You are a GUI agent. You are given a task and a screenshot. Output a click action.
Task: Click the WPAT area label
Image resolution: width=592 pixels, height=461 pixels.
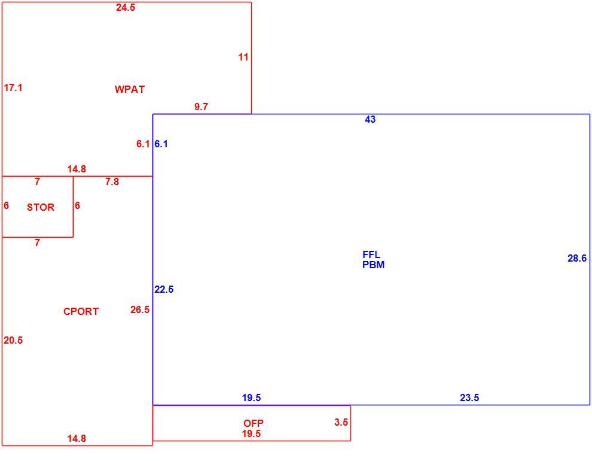point(130,89)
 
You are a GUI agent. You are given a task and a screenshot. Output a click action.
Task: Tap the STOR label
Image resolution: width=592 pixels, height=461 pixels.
point(41,207)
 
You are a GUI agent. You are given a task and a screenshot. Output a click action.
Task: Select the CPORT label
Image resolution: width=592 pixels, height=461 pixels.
point(81,311)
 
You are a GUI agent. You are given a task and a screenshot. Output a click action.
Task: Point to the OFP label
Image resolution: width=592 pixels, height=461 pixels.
point(254,423)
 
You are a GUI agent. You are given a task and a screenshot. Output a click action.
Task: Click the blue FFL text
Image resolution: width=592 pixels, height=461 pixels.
point(371,254)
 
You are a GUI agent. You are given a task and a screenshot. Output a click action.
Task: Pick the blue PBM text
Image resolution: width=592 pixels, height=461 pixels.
point(373,265)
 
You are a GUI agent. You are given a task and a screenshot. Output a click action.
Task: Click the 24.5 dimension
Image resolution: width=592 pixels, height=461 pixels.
point(126,8)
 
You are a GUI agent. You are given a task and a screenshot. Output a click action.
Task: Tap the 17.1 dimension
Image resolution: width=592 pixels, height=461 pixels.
point(13,87)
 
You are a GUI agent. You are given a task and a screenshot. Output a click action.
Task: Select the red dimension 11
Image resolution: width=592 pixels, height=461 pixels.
point(243,57)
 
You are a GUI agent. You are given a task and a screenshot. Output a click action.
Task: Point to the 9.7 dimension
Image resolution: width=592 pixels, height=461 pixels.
point(201,107)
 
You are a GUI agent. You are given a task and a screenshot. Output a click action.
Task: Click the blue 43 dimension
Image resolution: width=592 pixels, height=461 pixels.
point(370,119)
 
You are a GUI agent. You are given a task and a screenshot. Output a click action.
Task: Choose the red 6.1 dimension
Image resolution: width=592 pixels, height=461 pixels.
point(143,144)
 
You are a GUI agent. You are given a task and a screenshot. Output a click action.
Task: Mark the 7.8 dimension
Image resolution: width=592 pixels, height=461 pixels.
point(112,182)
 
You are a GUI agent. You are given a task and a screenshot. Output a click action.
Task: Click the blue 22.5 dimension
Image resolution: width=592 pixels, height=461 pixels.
point(164,289)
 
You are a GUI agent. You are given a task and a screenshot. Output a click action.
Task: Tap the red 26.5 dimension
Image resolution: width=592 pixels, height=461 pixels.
point(140,310)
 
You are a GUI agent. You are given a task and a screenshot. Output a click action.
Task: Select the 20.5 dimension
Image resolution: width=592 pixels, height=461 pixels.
point(13,341)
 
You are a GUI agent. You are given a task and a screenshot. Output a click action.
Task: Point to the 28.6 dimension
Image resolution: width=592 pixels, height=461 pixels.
point(577,258)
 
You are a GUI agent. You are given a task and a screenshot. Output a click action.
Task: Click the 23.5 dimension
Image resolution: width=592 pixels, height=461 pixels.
point(469,398)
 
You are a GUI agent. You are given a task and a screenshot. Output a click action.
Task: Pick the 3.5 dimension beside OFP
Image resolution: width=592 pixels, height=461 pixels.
point(341,423)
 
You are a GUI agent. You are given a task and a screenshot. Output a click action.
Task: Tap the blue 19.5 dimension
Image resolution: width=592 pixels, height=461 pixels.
point(251,398)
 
